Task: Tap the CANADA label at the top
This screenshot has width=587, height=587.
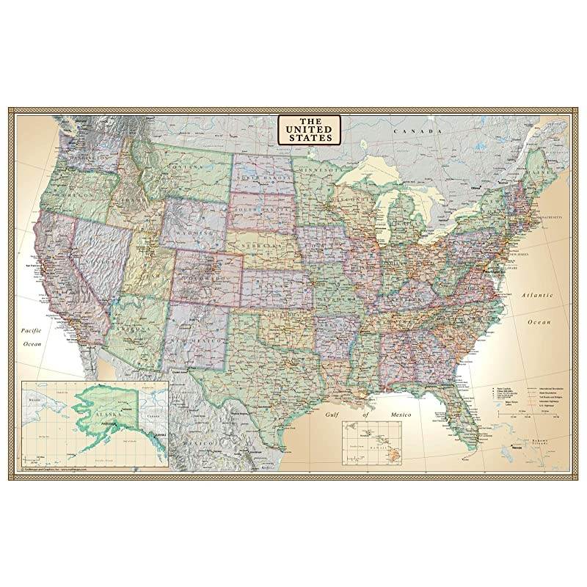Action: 409,130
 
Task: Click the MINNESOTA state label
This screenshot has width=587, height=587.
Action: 317,169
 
